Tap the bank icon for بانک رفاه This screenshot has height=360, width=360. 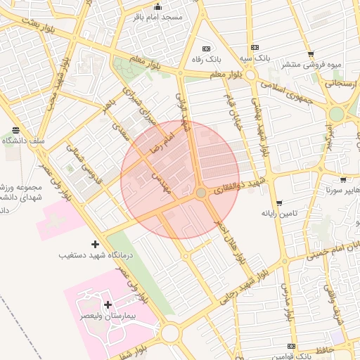pyautogui.click(x=206, y=49)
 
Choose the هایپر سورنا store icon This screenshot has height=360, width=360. pyautogui.click(x=342, y=180)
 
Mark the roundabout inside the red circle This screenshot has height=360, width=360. pyautogui.click(x=201, y=192)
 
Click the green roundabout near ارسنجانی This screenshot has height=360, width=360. pyautogui.click(x=337, y=114)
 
